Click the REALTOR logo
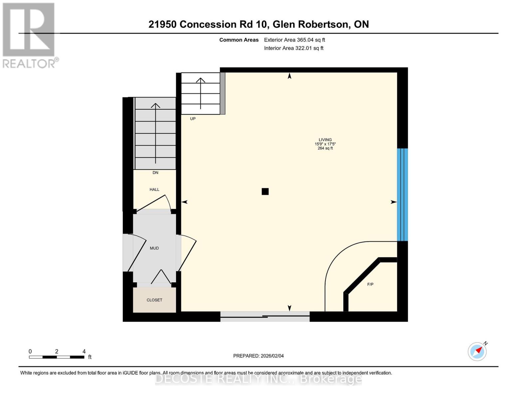click(x=29, y=35)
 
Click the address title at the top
click(x=258, y=24)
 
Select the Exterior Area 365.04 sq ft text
click(x=294, y=40)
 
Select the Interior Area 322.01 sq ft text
click(x=294, y=48)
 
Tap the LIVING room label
click(x=325, y=140)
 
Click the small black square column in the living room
click(x=265, y=192)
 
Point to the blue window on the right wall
click(x=402, y=195)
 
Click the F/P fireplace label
click(x=370, y=284)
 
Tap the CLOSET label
click(x=154, y=300)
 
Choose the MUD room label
click(x=154, y=248)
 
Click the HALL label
click(x=154, y=190)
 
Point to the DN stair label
click(x=155, y=173)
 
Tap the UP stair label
click(x=193, y=119)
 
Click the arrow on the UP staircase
click(x=200, y=93)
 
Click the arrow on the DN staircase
click(x=155, y=133)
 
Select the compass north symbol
click(x=477, y=351)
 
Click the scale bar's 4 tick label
click(x=84, y=351)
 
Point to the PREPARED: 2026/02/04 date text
click(x=258, y=356)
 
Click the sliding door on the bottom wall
click(x=265, y=316)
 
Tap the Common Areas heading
click(x=239, y=40)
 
